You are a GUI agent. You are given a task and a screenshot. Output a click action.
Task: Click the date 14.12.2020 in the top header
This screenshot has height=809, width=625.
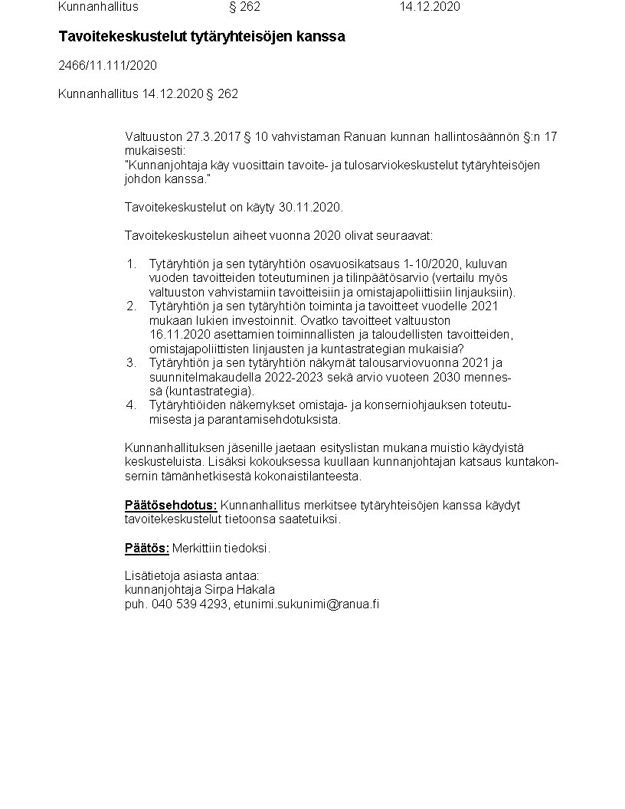pos(429,7)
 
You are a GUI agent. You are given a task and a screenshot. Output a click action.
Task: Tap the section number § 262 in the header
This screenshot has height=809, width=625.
pos(244,7)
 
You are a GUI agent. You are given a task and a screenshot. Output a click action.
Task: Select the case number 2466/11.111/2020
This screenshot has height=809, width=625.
pos(107,66)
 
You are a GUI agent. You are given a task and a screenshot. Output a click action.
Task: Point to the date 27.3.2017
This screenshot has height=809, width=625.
pos(214,137)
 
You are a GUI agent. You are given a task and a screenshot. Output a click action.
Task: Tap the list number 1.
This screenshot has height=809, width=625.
pos(131,264)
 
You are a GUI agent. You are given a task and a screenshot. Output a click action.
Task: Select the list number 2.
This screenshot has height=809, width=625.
pos(131,306)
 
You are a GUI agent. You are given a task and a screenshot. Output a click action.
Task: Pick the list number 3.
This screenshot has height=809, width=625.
pos(131,363)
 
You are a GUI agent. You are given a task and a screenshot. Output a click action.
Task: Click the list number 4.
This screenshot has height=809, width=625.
pos(131,405)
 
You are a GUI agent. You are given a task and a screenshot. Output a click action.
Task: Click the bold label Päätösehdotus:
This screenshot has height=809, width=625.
pos(171,506)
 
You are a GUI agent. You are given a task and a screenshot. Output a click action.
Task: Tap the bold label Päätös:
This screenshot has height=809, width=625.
pos(146,549)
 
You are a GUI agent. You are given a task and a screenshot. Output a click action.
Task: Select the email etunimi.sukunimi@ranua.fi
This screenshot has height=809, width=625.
pos(306,604)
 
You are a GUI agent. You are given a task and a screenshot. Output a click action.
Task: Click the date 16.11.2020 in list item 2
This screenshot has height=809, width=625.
pos(178,335)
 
